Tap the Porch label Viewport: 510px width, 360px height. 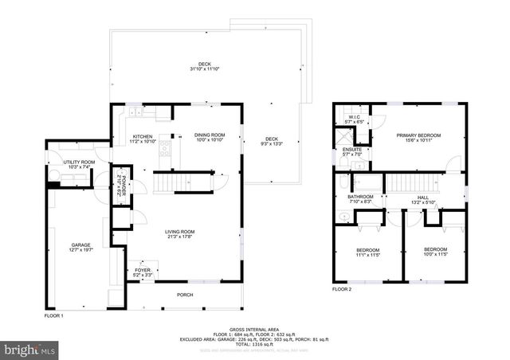click(x=185, y=295)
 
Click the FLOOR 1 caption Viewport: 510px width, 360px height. click(x=53, y=316)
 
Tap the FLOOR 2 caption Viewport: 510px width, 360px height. click(x=341, y=288)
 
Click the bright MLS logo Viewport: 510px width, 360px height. click(x=30, y=349)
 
